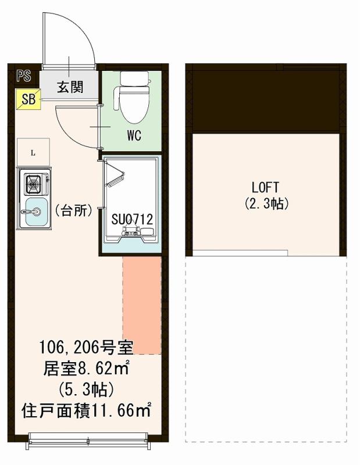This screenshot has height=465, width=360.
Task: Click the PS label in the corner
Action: point(24,76)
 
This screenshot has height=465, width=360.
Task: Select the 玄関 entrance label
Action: point(69,87)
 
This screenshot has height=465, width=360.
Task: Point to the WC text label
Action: point(134,138)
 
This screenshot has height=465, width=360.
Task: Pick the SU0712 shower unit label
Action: point(132,220)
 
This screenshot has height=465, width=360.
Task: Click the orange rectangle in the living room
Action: point(141,305)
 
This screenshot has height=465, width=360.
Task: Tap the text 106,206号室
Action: point(86,348)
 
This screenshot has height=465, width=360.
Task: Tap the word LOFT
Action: point(265,188)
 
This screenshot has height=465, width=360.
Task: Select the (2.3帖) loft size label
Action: point(266,204)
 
